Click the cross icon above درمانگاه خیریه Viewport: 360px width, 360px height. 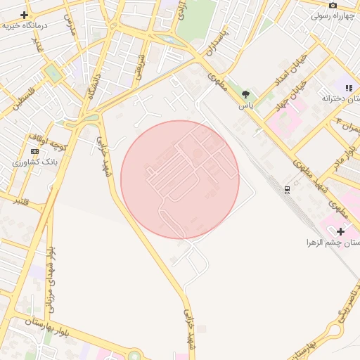[x=25, y=15]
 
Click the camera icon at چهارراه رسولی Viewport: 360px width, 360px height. [x=333, y=5]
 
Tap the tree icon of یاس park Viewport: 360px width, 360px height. [x=245, y=94]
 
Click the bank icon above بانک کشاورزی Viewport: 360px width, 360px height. [x=35, y=151]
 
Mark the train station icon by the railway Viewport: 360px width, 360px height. [x=287, y=189]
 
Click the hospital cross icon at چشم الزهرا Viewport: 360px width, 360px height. [x=341, y=231]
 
